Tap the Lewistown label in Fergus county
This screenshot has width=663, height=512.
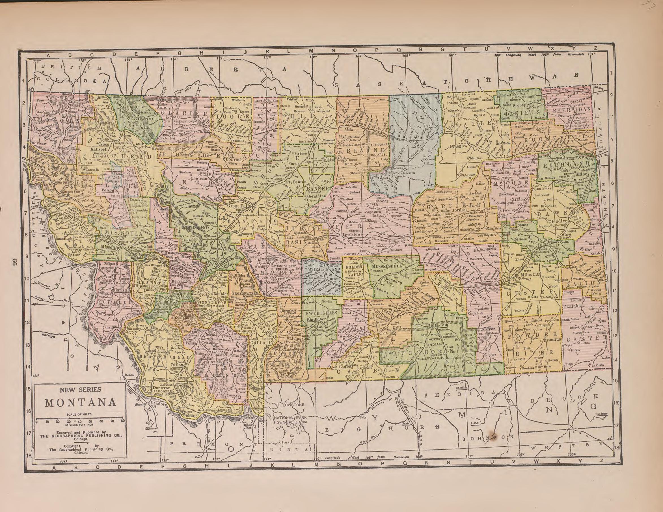pyautogui.click(x=353, y=235)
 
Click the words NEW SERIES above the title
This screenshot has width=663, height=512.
pyautogui.click(x=81, y=389)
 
